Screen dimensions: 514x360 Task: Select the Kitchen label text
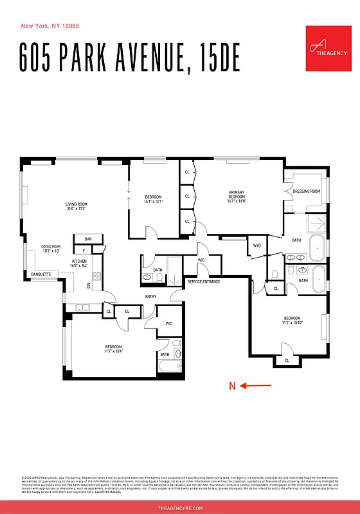click(x=79, y=261)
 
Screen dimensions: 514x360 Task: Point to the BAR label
click(x=88, y=239)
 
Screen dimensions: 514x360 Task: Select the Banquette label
click(x=40, y=274)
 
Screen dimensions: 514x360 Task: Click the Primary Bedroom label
click(x=237, y=194)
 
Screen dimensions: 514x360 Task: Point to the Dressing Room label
click(x=306, y=191)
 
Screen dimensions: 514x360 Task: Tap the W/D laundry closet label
click(x=256, y=245)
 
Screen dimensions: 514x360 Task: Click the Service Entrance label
click(x=203, y=282)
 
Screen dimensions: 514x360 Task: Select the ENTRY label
click(x=150, y=296)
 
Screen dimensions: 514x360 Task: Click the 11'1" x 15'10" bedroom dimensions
click(x=292, y=324)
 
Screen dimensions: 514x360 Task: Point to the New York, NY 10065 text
click(x=51, y=26)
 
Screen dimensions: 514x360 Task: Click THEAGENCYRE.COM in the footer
click(x=180, y=508)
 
